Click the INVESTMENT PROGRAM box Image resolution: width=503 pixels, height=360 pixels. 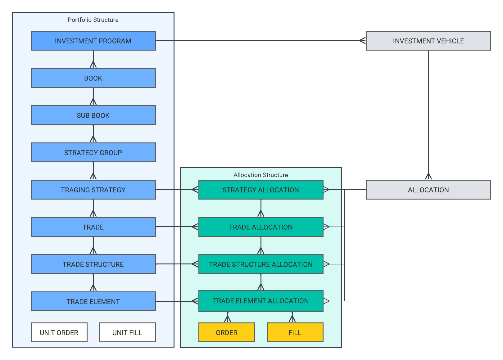point(93,41)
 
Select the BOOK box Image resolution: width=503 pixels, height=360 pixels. point(93,78)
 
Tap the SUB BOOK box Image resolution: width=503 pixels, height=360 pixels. point(93,115)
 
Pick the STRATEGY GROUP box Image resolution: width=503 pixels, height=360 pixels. point(93,152)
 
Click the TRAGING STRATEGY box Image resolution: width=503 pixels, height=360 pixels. point(93,190)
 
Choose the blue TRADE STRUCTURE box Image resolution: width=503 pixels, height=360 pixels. point(93,264)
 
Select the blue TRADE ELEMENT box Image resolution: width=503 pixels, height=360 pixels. point(93,301)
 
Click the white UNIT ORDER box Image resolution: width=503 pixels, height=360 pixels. point(59,332)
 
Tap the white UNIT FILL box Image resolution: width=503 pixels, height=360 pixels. point(127,332)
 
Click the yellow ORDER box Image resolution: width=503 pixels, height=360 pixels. point(227,332)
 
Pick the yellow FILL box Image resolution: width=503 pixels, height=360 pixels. point(295,332)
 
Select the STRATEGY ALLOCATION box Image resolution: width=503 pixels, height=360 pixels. point(261,190)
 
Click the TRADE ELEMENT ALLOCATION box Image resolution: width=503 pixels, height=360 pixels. point(261,301)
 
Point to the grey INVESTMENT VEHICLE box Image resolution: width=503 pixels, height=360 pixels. point(428,41)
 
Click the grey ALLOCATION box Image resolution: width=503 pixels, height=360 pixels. point(428,190)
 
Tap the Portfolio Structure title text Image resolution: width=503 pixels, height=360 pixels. point(93,20)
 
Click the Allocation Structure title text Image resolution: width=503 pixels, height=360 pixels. point(261,175)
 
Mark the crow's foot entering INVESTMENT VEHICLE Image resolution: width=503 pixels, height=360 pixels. point(362,40)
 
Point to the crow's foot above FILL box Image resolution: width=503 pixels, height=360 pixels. point(292,318)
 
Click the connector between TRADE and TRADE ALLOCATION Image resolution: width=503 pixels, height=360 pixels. point(177,227)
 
